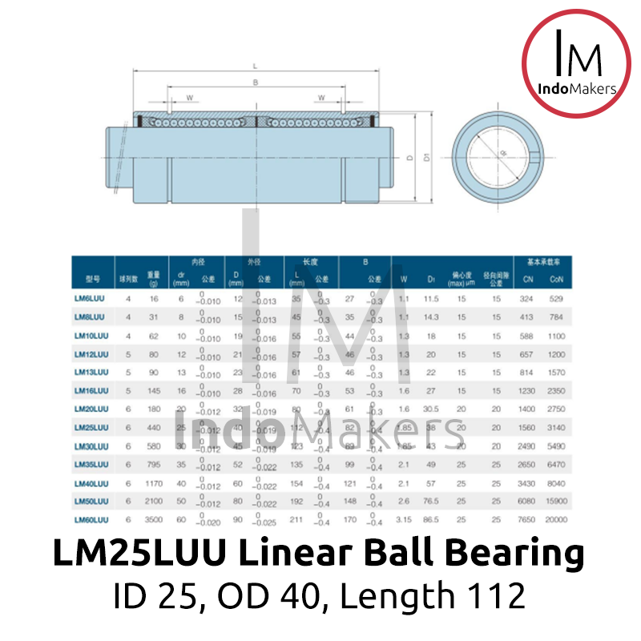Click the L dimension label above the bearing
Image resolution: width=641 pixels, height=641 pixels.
tap(254, 66)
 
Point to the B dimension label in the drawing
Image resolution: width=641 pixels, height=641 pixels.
tap(255, 82)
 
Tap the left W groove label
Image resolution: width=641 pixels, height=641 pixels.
tap(189, 98)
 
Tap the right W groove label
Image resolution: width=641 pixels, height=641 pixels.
tap(320, 98)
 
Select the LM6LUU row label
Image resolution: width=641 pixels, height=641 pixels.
tap(89, 299)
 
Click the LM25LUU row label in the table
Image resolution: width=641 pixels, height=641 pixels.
tap(91, 428)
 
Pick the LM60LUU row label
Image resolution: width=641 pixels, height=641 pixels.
tap(91, 520)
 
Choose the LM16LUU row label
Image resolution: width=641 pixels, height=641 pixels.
tap(91, 390)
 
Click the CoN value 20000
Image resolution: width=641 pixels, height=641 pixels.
tap(556, 520)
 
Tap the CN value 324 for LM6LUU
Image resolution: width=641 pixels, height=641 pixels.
tap(526, 299)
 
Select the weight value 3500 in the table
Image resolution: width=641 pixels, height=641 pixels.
tap(154, 520)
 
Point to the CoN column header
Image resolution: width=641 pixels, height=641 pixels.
tap(556, 279)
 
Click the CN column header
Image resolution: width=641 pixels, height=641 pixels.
tap(526, 279)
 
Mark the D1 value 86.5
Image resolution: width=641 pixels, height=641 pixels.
tap(431, 520)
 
